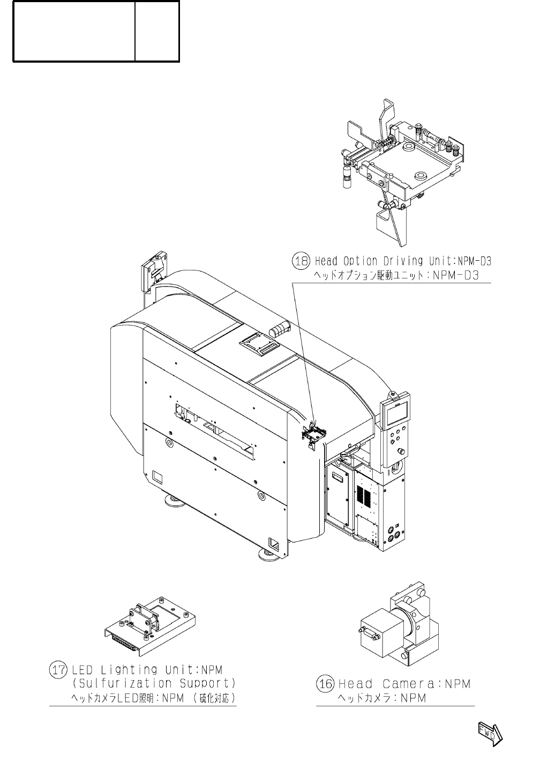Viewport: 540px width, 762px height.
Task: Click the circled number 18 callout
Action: pos(301,261)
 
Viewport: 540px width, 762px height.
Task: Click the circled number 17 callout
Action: pos(58,669)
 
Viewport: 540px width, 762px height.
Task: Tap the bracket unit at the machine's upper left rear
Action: pos(153,271)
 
